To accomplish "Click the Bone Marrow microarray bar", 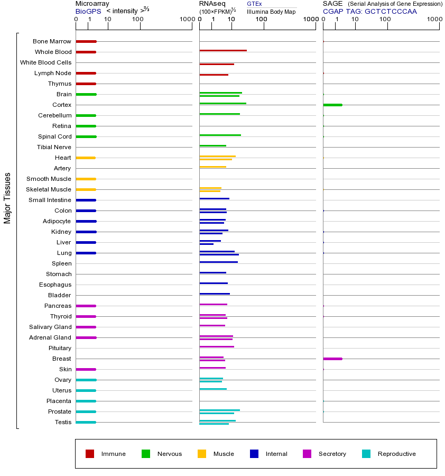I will click(x=86, y=41).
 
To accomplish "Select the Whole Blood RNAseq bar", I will click(x=223, y=51).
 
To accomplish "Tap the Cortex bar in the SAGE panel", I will click(x=332, y=105).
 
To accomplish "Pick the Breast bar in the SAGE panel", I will click(x=332, y=359).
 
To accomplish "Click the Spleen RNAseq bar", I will click(x=218, y=262).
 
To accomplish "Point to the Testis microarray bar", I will click(x=86, y=422).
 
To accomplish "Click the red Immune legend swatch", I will click(x=90, y=454).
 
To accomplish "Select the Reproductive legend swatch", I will click(x=366, y=454).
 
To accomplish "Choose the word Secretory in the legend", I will click(x=332, y=454).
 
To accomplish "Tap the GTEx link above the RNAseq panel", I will click(x=254, y=4).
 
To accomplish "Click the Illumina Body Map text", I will click(x=271, y=11).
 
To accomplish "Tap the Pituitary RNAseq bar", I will click(x=217, y=346).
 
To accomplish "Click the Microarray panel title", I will click(x=92, y=4).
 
